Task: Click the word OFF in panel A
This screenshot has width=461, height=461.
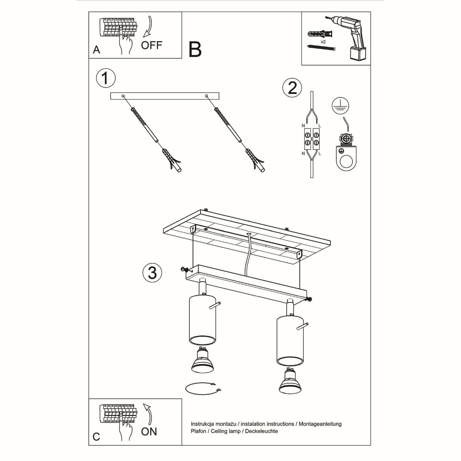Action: tap(151, 45)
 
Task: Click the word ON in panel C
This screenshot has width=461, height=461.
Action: tap(149, 431)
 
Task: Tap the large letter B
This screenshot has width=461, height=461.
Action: tap(195, 50)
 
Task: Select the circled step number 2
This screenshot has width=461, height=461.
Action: tap(292, 88)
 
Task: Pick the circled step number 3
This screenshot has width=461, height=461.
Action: tap(152, 273)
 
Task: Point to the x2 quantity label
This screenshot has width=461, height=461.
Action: tap(323, 41)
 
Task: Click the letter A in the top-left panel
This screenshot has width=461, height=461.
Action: tap(96, 50)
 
